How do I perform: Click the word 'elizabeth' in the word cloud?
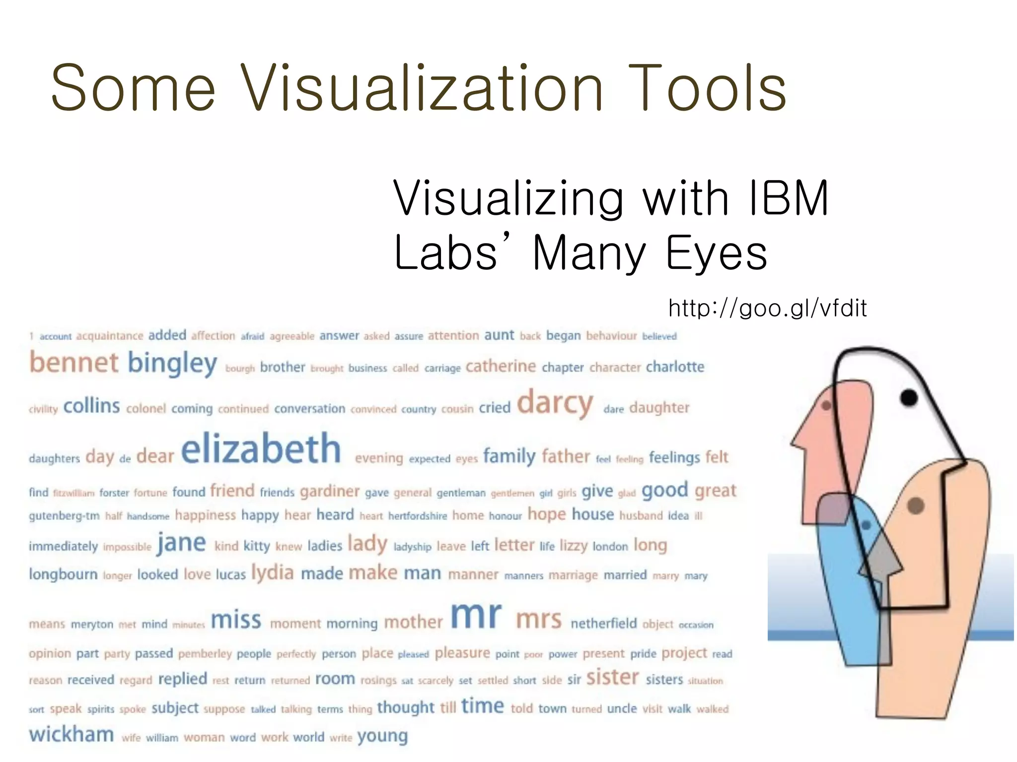click(x=261, y=449)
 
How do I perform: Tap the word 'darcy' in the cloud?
click(x=555, y=404)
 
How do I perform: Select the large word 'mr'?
click(x=476, y=617)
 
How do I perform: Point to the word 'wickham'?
click(x=72, y=735)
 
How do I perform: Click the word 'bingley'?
click(x=172, y=364)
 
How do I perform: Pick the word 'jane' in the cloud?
click(x=181, y=543)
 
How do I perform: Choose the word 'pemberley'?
click(x=205, y=654)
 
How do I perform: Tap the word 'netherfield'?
click(x=603, y=623)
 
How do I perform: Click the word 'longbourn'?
click(x=63, y=574)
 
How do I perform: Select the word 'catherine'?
click(x=501, y=366)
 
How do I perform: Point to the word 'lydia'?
click(x=273, y=573)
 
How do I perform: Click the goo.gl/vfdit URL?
click(x=768, y=308)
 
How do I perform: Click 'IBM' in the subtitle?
click(x=788, y=198)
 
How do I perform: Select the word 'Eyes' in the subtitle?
click(x=716, y=253)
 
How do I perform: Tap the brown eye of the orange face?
click(x=915, y=506)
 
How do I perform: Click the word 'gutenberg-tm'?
click(x=64, y=516)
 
